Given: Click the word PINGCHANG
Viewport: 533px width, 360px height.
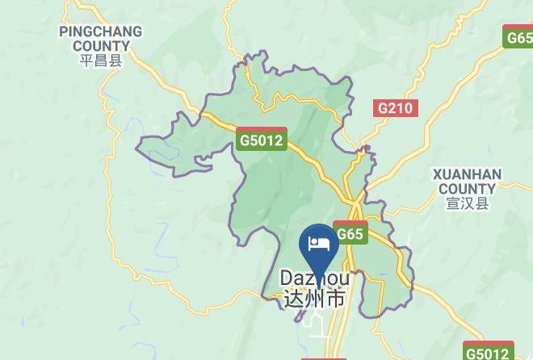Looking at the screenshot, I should (100, 32).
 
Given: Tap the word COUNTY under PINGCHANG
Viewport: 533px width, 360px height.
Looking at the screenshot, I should (100, 46).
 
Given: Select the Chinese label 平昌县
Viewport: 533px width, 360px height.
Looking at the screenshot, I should (100, 61).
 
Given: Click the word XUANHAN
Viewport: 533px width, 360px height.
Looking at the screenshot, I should (467, 174).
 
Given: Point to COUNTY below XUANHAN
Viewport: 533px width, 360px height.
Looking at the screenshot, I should (467, 189).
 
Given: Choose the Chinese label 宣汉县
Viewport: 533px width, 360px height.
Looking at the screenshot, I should (467, 203).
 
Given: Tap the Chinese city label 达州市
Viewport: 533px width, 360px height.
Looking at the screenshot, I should (316, 299).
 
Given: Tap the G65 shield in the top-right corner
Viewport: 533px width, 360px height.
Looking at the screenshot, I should (518, 37).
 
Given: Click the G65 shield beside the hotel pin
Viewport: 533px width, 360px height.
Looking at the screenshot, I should (350, 233).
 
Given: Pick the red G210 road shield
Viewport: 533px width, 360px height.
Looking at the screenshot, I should (396, 107).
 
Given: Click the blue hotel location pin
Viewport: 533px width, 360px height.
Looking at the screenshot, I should (318, 247).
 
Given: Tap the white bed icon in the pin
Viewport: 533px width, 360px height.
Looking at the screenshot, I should (318, 243).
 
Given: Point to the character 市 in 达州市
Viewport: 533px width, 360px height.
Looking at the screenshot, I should (336, 299).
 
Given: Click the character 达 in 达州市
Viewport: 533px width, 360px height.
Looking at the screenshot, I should (295, 299).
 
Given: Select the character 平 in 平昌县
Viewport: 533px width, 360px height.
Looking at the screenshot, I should (87, 61).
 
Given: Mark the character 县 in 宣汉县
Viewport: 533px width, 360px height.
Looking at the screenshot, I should (482, 203).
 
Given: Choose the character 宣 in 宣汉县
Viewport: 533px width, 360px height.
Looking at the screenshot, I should (452, 203).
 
